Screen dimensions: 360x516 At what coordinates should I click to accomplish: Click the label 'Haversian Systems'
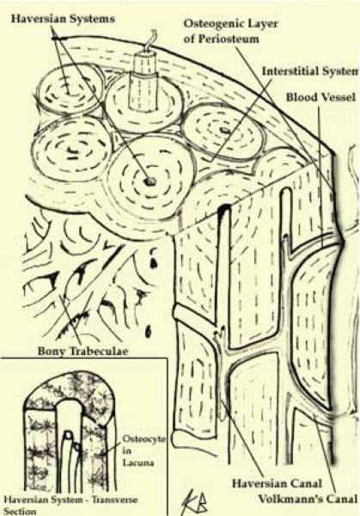63,19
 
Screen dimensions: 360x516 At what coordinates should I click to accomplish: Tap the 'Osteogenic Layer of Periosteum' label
230,31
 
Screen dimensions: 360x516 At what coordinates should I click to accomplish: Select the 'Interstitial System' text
310,71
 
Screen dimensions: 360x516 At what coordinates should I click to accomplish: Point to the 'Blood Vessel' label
320,97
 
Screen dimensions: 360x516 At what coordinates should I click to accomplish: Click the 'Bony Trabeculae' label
82,351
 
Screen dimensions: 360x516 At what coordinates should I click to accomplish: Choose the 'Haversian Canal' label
277,483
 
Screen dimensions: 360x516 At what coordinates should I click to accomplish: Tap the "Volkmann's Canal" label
307,499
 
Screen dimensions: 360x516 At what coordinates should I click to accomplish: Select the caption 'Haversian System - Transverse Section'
70,506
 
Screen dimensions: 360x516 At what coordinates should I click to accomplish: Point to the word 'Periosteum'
229,39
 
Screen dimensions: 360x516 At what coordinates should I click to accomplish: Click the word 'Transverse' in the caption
115,500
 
